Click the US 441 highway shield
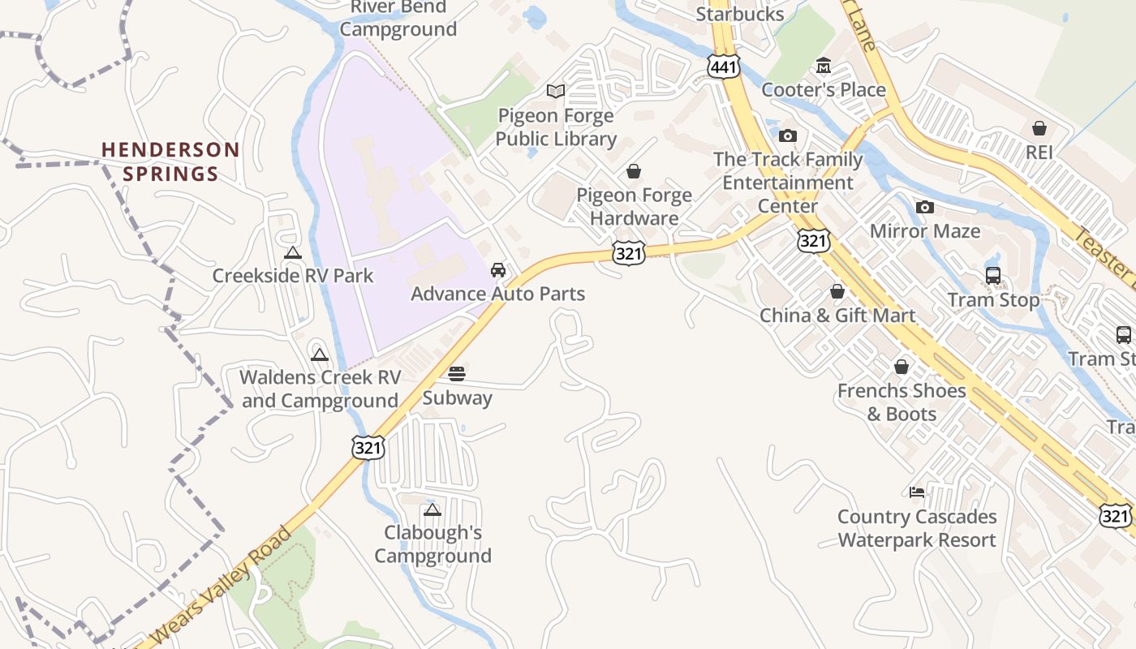[x=723, y=67]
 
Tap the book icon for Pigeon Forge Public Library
[x=556, y=91]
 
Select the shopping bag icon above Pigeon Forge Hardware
[x=634, y=171]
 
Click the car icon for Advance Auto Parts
[x=498, y=269]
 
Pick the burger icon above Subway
[x=457, y=373]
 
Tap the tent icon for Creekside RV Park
[x=293, y=252]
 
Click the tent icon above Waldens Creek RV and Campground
[x=320, y=355]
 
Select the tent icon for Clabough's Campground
[x=432, y=509]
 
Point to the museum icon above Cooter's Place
[x=824, y=65]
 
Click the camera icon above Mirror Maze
[x=924, y=208]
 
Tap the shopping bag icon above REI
[x=1039, y=128]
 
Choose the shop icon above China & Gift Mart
[x=837, y=291]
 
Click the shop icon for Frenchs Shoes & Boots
[x=901, y=367]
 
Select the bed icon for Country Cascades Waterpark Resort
[x=917, y=492]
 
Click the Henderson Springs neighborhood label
[x=170, y=161]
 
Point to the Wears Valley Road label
[x=222, y=586]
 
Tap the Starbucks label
[x=740, y=14]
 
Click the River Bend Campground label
[x=398, y=19]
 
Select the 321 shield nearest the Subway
[x=368, y=447]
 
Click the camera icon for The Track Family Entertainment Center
[x=788, y=135]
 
